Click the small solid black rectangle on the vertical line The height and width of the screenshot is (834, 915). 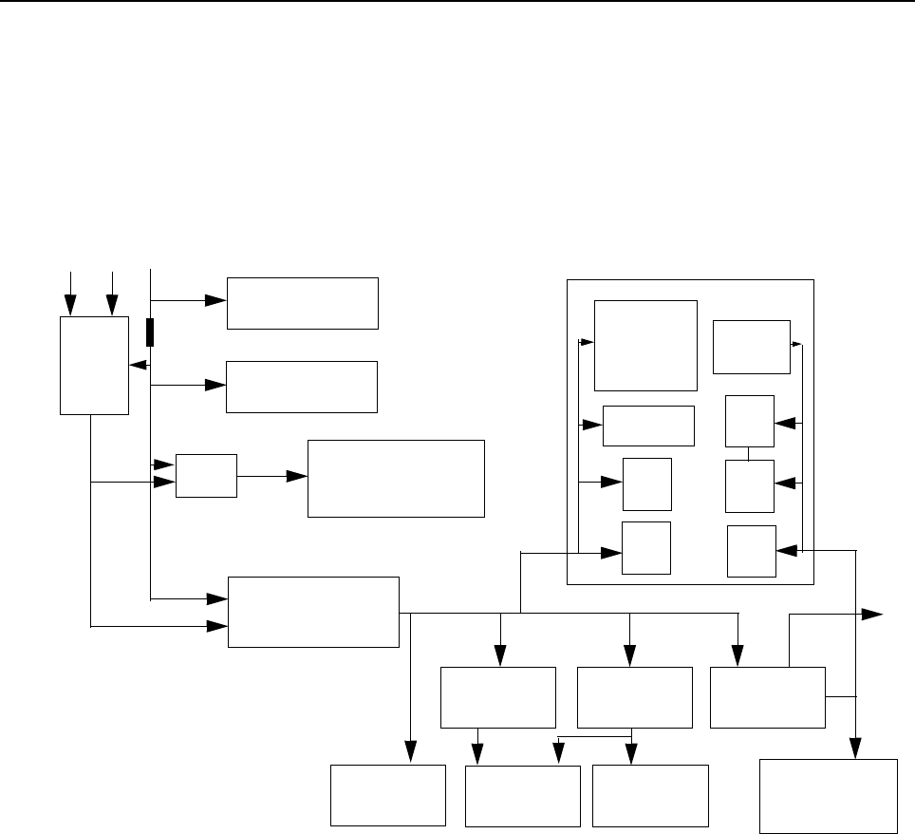point(150,332)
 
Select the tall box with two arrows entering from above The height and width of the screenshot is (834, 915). point(94,366)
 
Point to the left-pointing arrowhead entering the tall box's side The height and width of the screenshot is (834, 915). point(136,365)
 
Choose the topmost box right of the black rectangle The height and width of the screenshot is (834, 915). point(302,303)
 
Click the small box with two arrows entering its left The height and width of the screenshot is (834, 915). point(207,476)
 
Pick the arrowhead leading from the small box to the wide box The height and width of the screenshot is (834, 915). point(299,476)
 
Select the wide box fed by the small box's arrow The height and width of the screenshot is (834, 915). point(396,478)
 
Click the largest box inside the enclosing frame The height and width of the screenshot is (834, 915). point(645,345)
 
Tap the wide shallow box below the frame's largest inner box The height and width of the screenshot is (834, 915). point(649,425)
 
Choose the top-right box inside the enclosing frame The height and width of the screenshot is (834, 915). point(751,347)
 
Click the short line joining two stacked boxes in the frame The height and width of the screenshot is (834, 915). point(749,454)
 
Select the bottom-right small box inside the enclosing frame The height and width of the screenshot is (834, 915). point(751,551)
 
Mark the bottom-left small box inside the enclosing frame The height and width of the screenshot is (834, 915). point(646,548)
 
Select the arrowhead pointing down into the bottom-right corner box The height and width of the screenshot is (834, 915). point(856,749)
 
